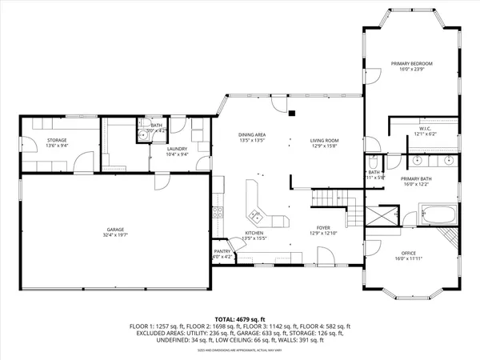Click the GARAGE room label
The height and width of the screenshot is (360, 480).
(x=115, y=230)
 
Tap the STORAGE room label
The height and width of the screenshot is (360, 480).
(x=34, y=140)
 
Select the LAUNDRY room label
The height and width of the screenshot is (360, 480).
(x=177, y=149)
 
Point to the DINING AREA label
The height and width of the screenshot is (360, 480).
(x=252, y=134)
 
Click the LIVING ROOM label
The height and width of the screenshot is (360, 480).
(x=325, y=141)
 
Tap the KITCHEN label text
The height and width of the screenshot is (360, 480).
(x=254, y=233)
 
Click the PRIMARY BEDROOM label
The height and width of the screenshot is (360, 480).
(x=411, y=63)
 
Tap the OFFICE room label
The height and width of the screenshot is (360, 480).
(x=409, y=254)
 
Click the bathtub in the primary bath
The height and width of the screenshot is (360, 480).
(x=438, y=215)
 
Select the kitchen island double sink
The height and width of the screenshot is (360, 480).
(x=256, y=214)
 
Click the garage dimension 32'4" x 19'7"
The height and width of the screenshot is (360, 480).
(x=115, y=235)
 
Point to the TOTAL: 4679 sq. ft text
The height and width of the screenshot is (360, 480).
(x=240, y=318)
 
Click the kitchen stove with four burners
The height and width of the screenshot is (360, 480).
(x=216, y=213)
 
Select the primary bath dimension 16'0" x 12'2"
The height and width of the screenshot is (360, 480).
(x=416, y=185)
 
